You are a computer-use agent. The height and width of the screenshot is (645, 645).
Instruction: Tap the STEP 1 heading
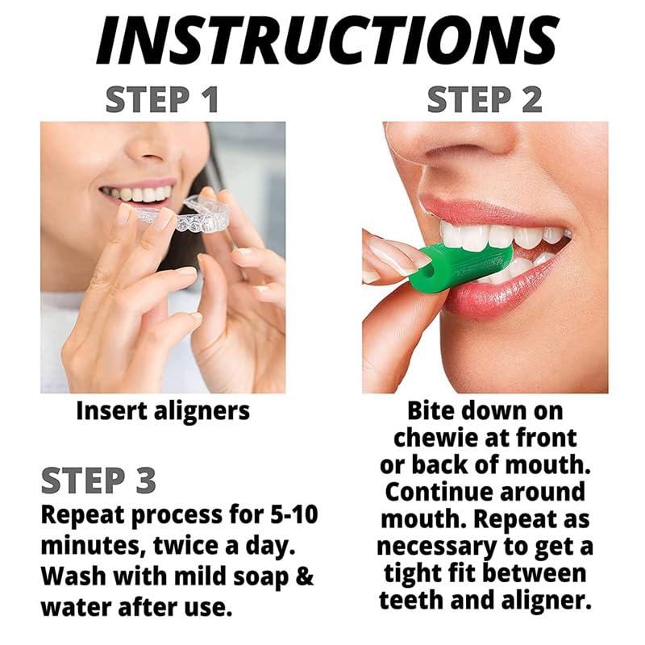click(x=162, y=99)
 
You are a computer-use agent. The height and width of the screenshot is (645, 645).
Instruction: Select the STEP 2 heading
click(x=485, y=99)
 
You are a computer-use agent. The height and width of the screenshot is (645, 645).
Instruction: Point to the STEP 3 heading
click(x=98, y=480)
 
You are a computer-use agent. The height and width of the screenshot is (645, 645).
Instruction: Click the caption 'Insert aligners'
click(x=163, y=410)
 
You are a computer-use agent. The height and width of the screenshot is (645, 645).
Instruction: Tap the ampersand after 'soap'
click(x=305, y=576)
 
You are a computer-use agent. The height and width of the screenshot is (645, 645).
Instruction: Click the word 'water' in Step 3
click(x=76, y=606)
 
